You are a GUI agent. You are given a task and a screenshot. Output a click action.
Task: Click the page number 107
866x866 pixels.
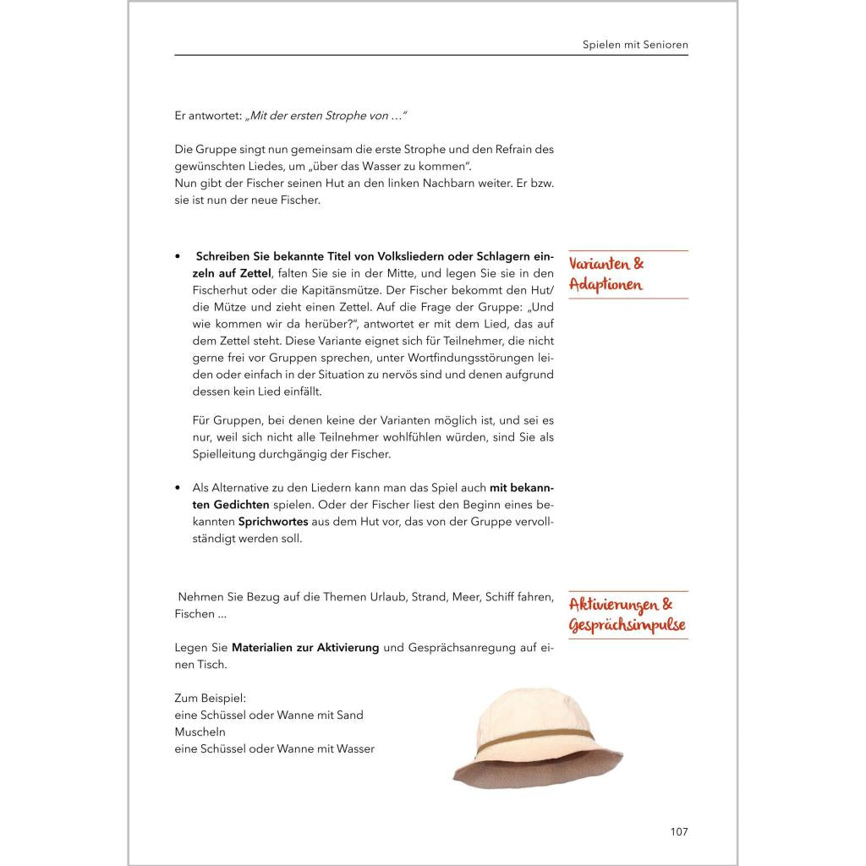tap(679, 831)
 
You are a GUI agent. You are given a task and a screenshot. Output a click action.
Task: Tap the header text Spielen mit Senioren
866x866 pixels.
tap(635, 43)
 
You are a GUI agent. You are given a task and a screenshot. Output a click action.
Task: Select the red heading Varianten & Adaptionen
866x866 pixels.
tap(606, 274)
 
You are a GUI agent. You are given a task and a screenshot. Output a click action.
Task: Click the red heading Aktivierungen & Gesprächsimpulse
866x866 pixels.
tap(627, 615)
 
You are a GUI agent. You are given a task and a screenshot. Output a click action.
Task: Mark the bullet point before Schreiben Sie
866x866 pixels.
tap(178, 256)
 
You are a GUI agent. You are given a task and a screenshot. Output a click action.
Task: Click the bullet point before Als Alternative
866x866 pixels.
tap(178, 488)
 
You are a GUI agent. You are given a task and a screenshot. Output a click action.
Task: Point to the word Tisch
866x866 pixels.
tap(211, 665)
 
